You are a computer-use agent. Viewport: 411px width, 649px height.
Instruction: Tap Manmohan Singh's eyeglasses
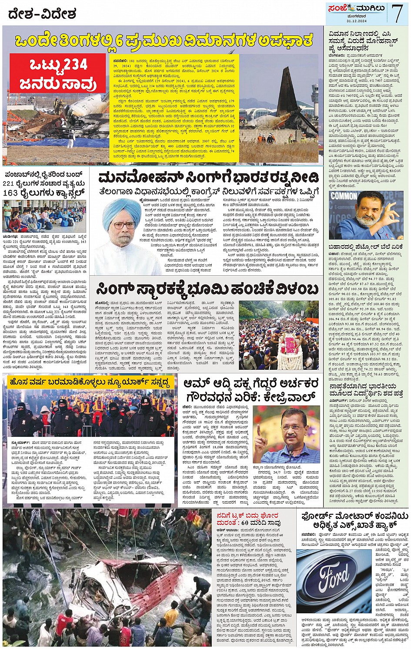(124, 225)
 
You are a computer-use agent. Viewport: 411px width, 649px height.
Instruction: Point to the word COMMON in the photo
(344, 196)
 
